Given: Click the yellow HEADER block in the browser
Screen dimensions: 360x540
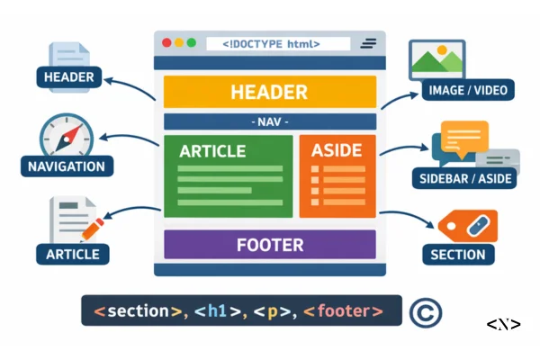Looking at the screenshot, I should [269, 93].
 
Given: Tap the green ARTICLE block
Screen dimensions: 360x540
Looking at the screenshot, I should [228, 176].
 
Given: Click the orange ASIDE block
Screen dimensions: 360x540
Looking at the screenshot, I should [337, 176].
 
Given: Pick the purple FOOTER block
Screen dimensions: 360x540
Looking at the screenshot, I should [269, 245].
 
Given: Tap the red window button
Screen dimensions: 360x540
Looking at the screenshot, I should [166, 43].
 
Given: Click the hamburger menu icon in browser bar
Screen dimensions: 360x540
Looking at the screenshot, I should [368, 43].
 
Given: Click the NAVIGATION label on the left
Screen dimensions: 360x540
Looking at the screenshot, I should [66, 166].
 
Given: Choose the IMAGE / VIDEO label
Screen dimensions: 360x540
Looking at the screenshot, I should [467, 90].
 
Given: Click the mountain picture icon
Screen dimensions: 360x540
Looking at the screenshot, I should [436, 58].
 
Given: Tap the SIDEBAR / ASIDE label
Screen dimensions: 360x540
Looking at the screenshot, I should [465, 177].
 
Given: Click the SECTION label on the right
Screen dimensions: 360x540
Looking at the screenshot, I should [457, 255].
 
